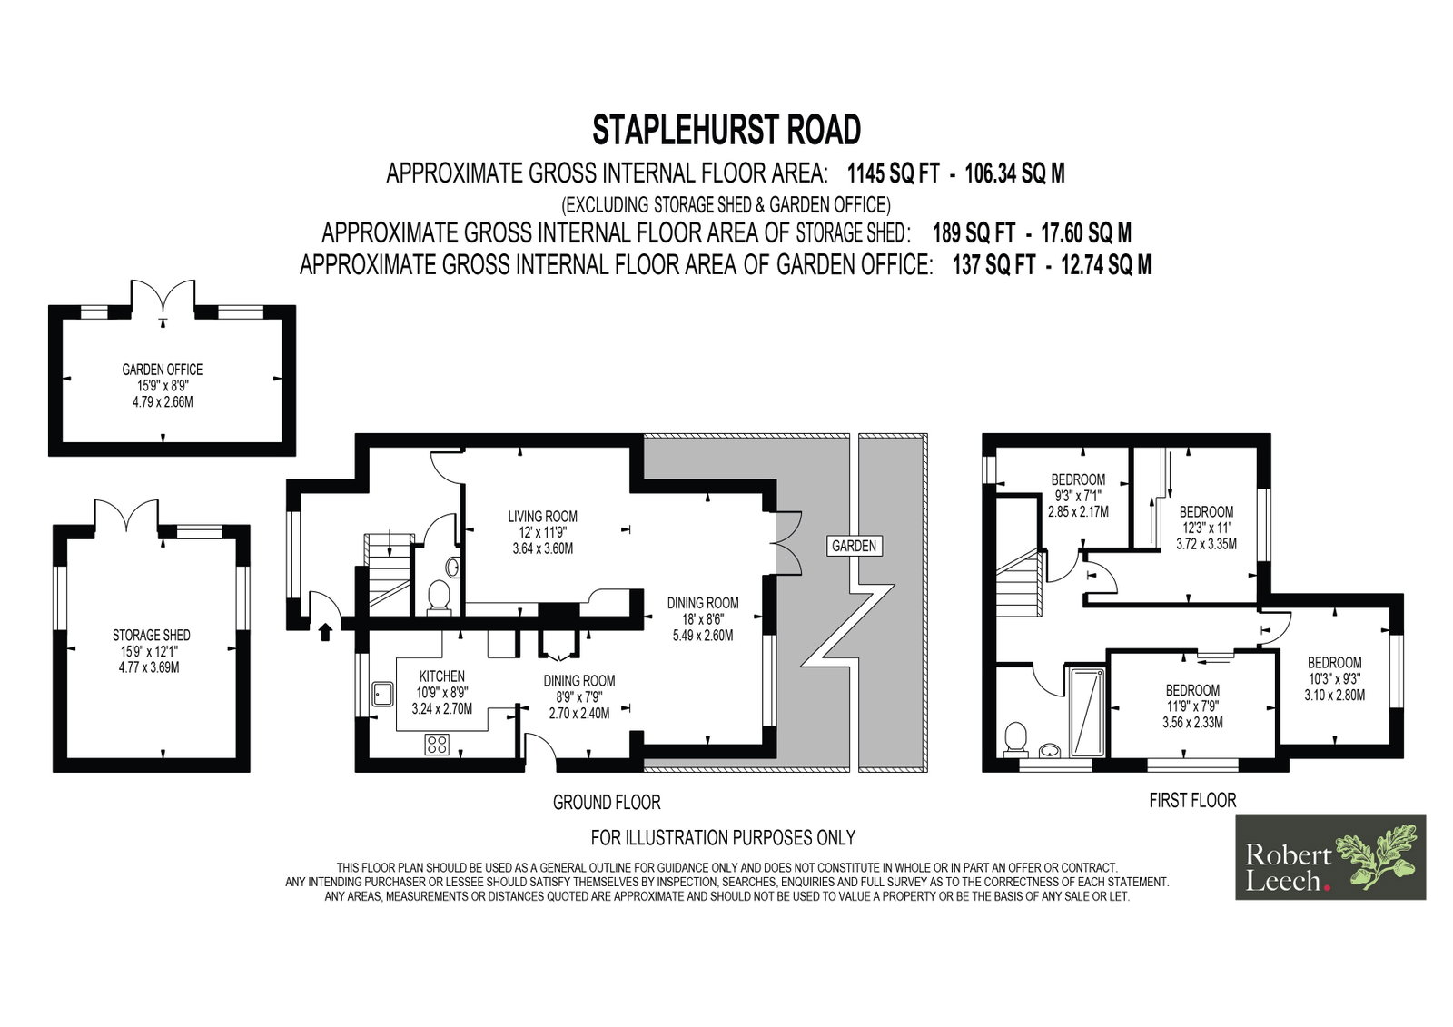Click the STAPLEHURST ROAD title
(726, 130)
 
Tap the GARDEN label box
(854, 547)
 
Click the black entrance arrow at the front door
(326, 632)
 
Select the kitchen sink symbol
(382, 694)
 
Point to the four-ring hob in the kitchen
(437, 744)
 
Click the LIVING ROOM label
(542, 517)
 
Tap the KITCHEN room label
(441, 676)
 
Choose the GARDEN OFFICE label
(163, 370)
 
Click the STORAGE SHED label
(151, 635)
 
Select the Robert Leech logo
(1330, 857)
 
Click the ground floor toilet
(440, 597)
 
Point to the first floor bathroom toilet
(1014, 740)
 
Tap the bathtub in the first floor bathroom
(1086, 712)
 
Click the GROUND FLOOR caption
(607, 804)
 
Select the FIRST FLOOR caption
(1192, 801)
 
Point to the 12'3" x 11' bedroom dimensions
(1206, 528)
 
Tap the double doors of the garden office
(163, 301)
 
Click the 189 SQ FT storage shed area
(973, 232)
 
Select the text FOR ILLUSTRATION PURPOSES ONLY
(723, 837)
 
